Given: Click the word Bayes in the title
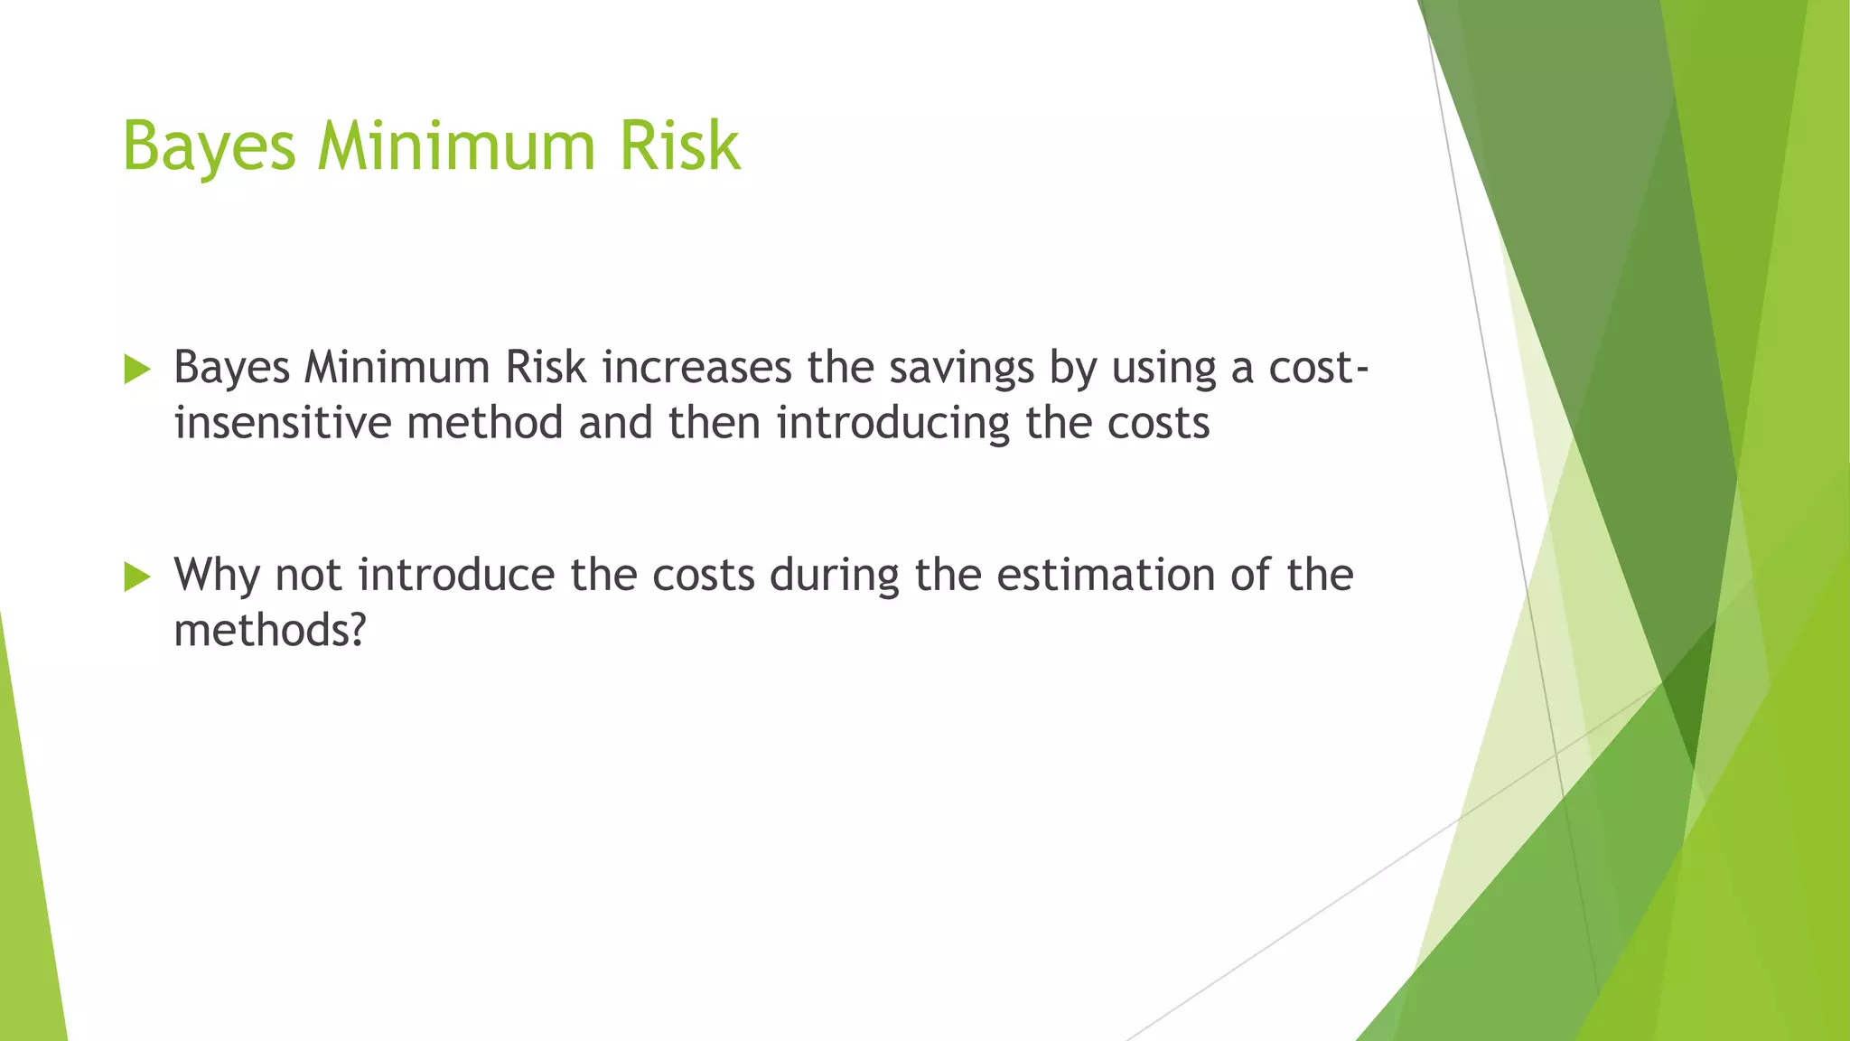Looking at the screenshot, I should coord(209,147).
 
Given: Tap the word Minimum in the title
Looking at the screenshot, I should coord(455,145).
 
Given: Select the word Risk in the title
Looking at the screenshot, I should coord(679,145).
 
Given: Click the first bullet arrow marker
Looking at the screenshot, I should coord(137,369).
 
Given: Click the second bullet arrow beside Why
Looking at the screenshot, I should coord(137,576).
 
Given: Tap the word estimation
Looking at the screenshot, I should coord(1106,575).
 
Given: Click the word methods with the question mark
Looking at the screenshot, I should coord(269,630).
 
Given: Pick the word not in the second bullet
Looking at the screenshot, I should coord(308,576).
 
